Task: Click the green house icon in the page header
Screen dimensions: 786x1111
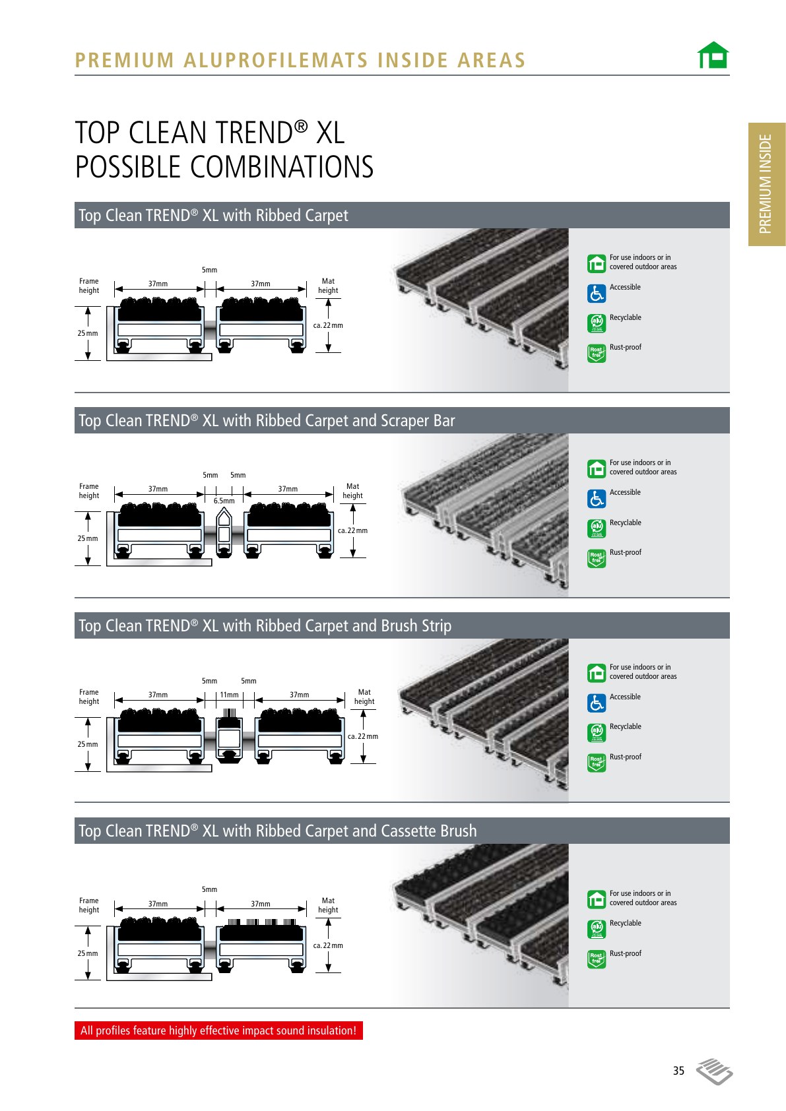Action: coord(713,55)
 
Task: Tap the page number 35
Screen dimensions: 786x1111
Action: coord(678,1070)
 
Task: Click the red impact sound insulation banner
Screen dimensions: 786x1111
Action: coord(218,1030)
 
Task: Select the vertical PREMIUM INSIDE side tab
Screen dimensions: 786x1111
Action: coord(767,184)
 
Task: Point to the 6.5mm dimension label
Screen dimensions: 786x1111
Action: coord(224,501)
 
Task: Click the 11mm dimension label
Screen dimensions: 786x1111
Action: coord(229,695)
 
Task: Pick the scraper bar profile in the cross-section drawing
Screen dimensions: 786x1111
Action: coord(224,533)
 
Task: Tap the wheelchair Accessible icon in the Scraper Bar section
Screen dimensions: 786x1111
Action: coord(597,499)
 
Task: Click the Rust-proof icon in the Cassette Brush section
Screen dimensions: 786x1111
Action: coord(597,959)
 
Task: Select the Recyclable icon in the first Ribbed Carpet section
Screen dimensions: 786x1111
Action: coord(597,323)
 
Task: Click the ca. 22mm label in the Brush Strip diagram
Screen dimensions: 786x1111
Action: coord(363,736)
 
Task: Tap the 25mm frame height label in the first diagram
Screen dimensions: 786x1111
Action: coord(87,333)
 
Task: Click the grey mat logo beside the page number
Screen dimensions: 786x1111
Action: coord(714,1071)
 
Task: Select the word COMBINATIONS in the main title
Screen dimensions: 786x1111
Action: coord(281,167)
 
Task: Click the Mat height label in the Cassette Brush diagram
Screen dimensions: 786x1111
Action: coord(328,905)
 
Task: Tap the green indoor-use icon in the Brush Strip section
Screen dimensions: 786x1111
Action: coord(597,673)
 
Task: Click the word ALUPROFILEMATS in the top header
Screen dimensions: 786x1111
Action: coord(276,61)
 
